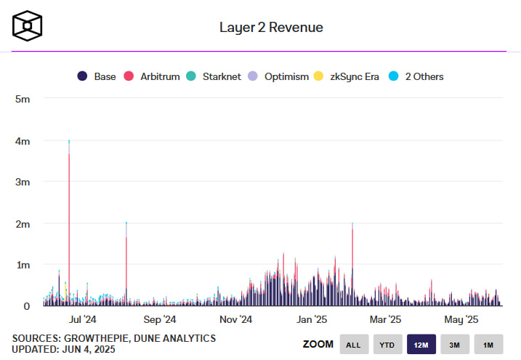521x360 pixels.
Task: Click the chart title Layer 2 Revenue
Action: click(x=271, y=27)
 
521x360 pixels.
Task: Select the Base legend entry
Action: click(x=97, y=76)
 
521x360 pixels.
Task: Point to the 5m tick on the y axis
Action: click(x=23, y=98)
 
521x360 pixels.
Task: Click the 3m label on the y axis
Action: click(x=23, y=182)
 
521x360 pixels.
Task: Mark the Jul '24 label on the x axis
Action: click(x=82, y=319)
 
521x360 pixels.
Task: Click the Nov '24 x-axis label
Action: click(x=235, y=319)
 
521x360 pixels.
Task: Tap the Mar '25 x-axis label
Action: click(x=385, y=319)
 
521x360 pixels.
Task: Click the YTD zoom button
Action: click(x=387, y=345)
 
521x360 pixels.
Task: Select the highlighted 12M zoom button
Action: click(x=421, y=345)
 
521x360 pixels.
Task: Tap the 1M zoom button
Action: click(x=488, y=345)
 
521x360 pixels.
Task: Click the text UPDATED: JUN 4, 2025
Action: click(x=63, y=350)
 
